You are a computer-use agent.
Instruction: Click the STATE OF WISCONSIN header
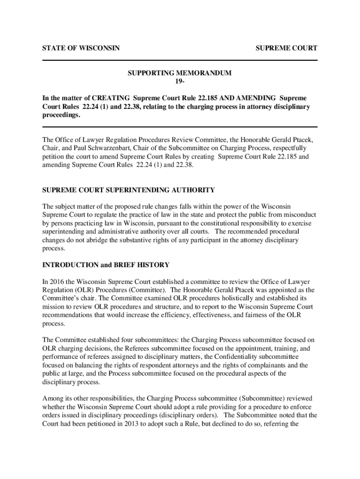(x=80, y=48)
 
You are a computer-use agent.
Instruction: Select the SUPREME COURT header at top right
(x=286, y=48)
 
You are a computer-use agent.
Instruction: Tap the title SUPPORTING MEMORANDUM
(x=180, y=73)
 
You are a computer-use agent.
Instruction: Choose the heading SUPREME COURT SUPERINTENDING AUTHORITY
(x=129, y=190)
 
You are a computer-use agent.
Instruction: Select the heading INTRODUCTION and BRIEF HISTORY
(x=106, y=265)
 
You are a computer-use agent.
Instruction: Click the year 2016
(x=57, y=282)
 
